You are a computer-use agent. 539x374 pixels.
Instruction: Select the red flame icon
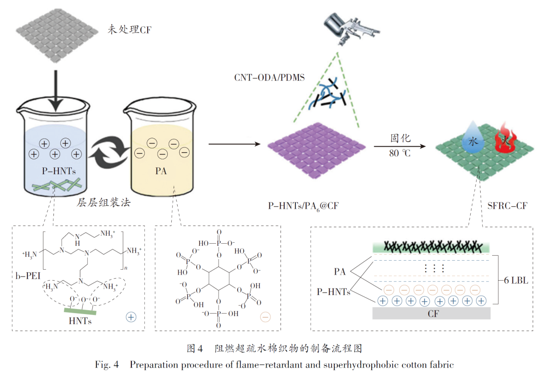(x=503, y=138)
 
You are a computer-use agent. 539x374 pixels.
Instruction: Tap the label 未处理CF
(x=129, y=30)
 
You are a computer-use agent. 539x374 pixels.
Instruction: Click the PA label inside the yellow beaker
(x=160, y=171)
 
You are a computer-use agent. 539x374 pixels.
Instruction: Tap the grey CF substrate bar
(x=432, y=313)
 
